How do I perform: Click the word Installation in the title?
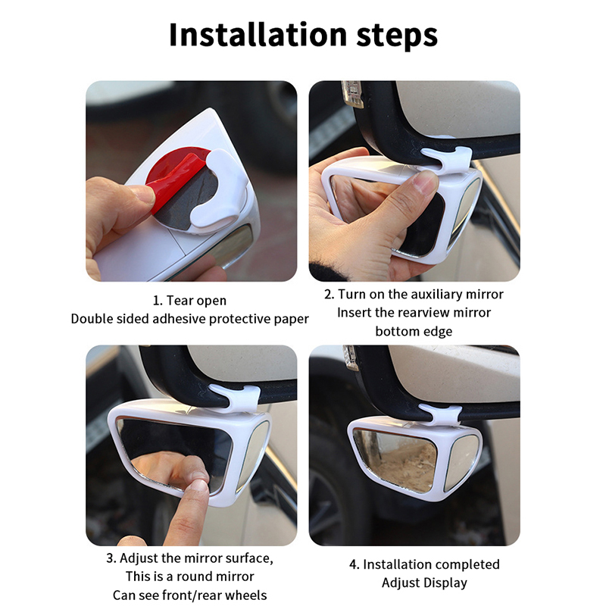(258, 35)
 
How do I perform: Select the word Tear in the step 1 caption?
(180, 300)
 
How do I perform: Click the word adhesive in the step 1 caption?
(178, 319)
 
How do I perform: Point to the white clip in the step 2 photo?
(446, 158)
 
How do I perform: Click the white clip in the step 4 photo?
(442, 415)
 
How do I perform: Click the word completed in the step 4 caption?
(467, 564)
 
